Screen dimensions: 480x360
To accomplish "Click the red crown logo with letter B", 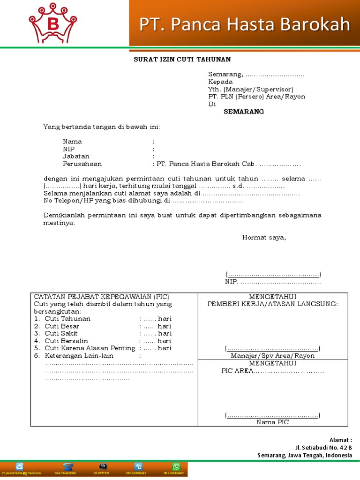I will tap(52, 23).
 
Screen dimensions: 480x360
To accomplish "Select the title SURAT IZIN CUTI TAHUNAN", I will tap(182, 59).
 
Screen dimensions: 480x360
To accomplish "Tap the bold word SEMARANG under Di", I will tap(244, 112).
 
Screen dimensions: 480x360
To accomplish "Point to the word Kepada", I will tap(220, 82).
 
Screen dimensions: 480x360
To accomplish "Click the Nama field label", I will tap(72, 142).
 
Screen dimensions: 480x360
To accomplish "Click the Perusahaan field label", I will tap(82, 164).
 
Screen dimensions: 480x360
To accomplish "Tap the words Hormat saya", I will tap(264, 237).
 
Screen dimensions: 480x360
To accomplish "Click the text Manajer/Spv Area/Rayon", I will tap(273, 356).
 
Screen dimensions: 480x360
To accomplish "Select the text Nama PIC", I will tap(273, 422).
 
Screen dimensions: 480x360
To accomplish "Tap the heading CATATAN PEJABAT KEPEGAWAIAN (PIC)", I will tap(101, 297).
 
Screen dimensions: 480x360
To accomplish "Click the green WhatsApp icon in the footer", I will tap(176, 466).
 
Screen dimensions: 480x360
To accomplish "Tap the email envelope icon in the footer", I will tap(19, 466).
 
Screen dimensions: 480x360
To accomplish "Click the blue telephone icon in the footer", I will tap(68, 466).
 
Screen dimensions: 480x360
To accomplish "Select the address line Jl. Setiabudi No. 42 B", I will tap(323, 448).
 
